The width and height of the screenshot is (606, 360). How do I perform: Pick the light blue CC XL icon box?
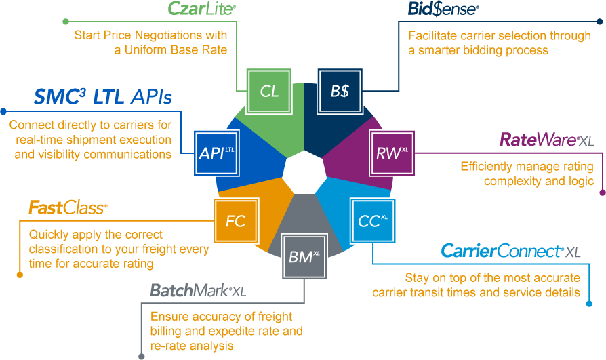pos(372,221)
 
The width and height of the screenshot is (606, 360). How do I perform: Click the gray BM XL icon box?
pos(304,256)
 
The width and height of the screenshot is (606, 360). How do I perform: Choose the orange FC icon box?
pos(235,221)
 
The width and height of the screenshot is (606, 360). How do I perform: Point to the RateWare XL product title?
pos(546,140)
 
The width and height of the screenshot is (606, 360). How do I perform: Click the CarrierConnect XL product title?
pos(510,251)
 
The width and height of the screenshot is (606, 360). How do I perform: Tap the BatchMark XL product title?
pos(197,291)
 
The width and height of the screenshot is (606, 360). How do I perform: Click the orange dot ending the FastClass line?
pos(18,275)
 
